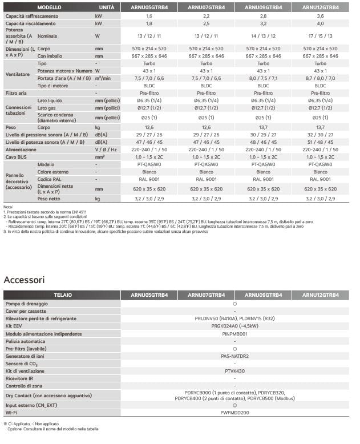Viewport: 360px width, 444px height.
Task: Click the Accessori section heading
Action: coord(24,280)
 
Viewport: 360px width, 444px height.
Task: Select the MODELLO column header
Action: coord(49,7)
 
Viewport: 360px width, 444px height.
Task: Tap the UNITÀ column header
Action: coord(106,7)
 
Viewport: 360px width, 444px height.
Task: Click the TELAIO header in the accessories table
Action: coord(63,295)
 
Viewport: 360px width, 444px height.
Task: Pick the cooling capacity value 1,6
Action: coord(149,17)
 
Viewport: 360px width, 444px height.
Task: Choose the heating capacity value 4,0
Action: coord(320,23)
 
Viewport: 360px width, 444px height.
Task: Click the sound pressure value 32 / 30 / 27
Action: coord(320,135)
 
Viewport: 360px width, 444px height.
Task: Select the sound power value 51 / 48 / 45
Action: coord(320,142)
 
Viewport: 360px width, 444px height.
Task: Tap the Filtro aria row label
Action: coord(16,92)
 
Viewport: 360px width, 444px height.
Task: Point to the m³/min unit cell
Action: coord(103,78)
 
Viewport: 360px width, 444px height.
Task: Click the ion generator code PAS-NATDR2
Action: coord(234,356)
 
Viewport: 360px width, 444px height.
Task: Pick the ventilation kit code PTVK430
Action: coord(234,371)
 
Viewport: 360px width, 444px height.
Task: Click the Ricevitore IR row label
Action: coord(20,378)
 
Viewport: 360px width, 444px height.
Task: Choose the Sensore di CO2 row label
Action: coord(22,363)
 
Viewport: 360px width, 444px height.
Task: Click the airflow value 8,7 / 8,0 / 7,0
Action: coord(320,78)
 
